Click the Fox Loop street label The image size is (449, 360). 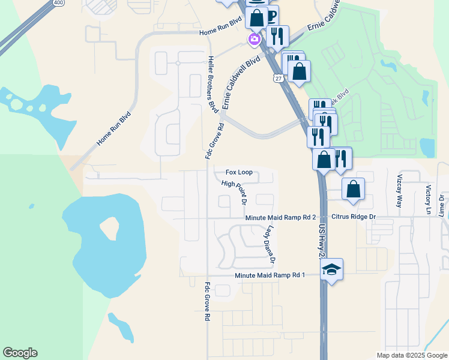(x=239, y=172)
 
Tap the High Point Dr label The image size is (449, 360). (x=234, y=188)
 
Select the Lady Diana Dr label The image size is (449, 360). (x=270, y=244)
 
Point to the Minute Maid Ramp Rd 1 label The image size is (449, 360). (x=270, y=275)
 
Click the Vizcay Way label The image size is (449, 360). (x=399, y=191)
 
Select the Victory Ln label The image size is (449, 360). (x=429, y=199)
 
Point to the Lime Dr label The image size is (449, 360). (x=441, y=205)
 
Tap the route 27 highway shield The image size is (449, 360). (x=277, y=78)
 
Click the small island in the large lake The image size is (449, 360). (x=109, y=227)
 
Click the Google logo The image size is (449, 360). (x=20, y=353)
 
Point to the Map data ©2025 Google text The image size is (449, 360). (x=411, y=355)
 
